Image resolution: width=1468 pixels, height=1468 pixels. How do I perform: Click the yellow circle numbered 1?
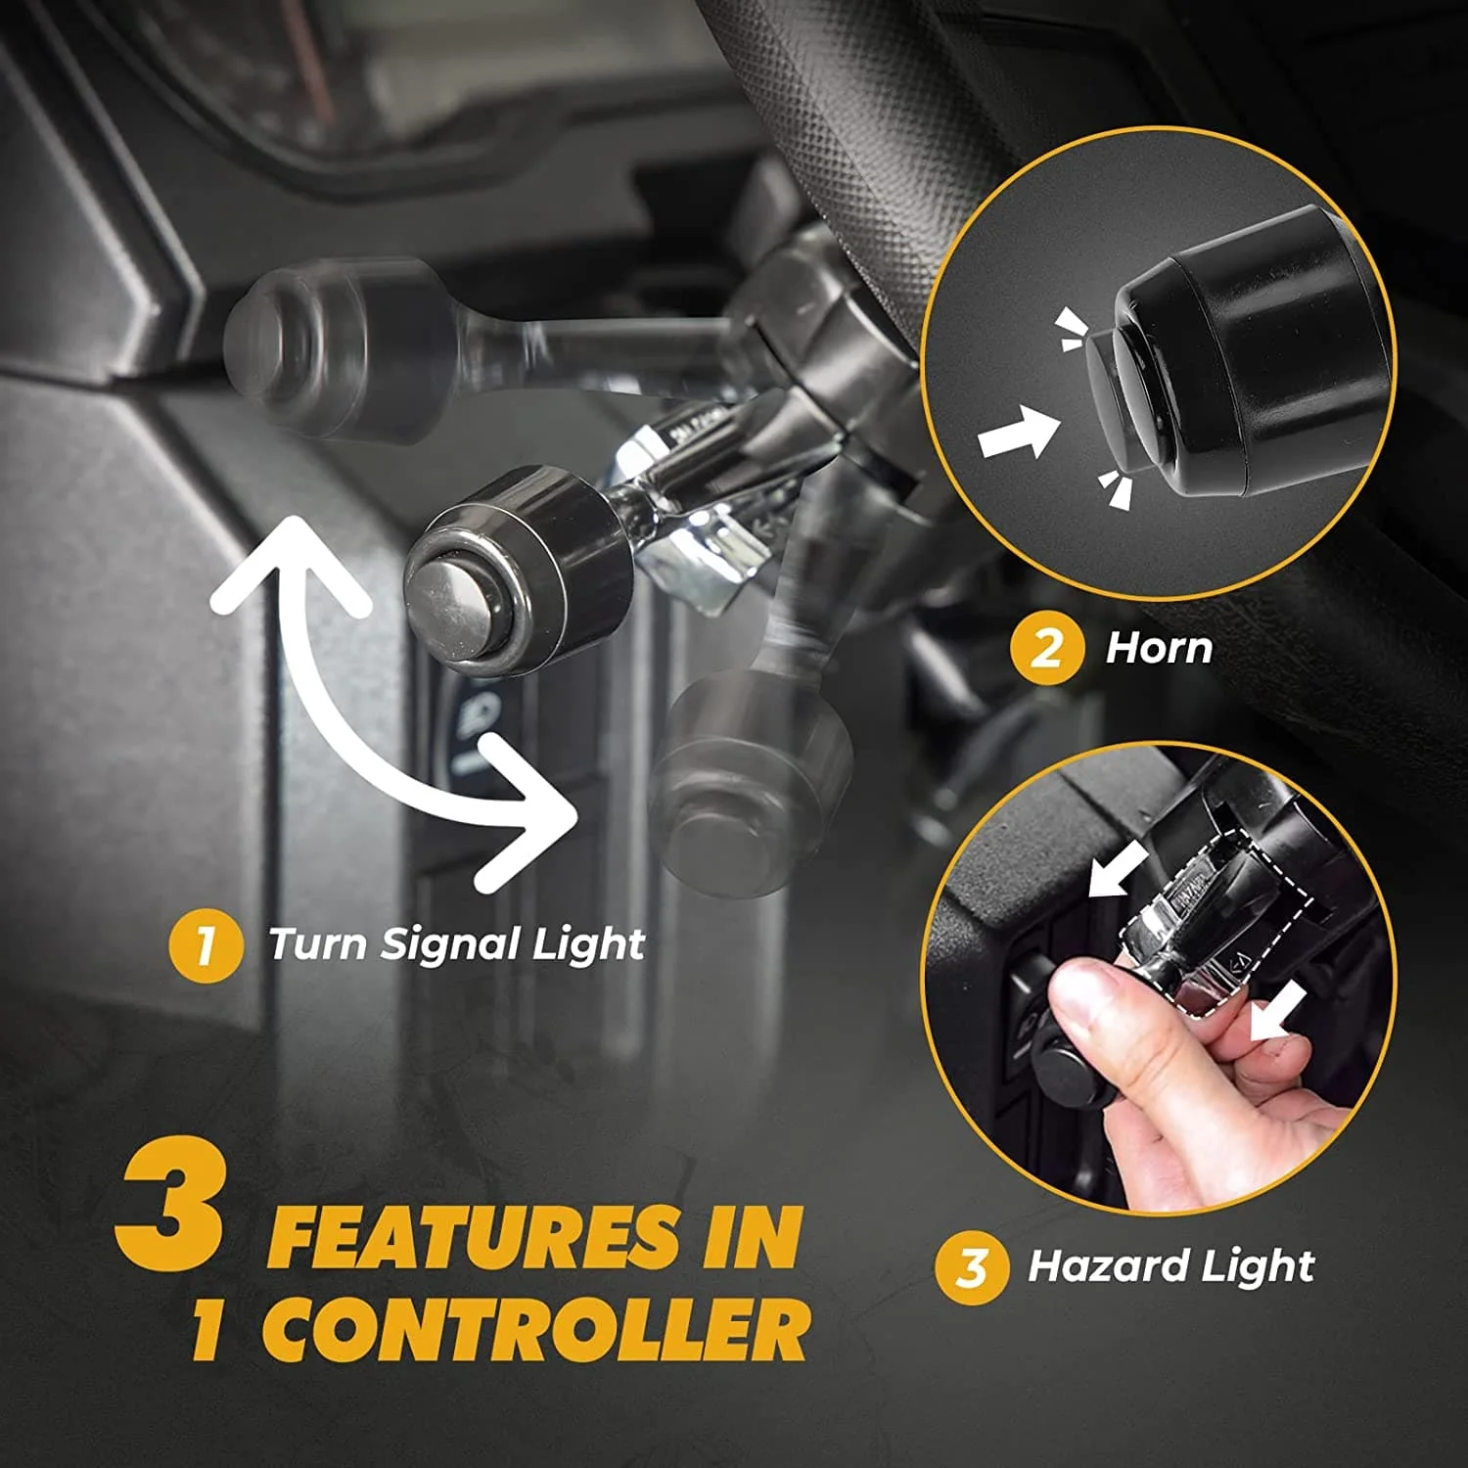tap(205, 946)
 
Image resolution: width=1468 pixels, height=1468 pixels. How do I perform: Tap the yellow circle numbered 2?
tap(1046, 649)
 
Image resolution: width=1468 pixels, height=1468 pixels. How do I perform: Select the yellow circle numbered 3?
tap(971, 1267)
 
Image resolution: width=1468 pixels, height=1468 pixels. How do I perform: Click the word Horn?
tap(1159, 648)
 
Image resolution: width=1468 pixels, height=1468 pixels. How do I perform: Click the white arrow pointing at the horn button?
tap(1020, 432)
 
